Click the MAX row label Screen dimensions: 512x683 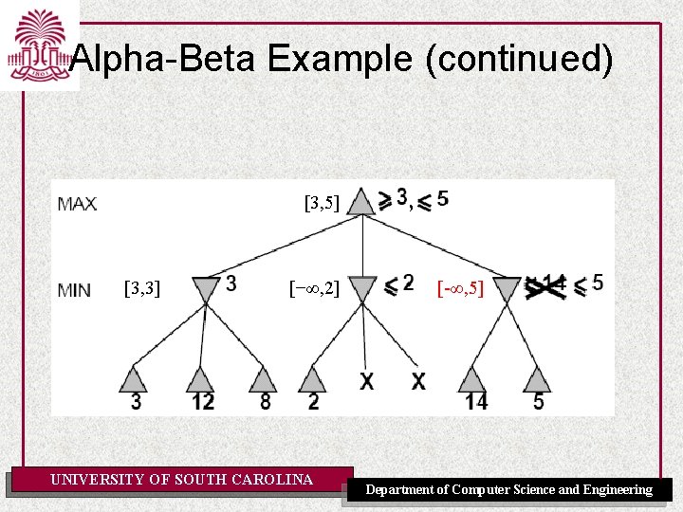[77, 204]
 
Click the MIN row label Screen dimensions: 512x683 [75, 289]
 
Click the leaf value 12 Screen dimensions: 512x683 [201, 402]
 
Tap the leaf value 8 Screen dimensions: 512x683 [265, 402]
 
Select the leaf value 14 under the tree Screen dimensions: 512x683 [475, 402]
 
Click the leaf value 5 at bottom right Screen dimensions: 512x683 [539, 402]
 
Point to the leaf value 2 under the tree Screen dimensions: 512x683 [314, 402]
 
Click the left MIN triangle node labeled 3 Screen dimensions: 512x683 [205, 289]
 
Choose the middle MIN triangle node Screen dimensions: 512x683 [363, 289]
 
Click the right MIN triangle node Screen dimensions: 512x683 [508, 288]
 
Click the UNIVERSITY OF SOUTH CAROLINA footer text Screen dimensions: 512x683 [181, 480]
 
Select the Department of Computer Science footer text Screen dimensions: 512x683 [509, 489]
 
